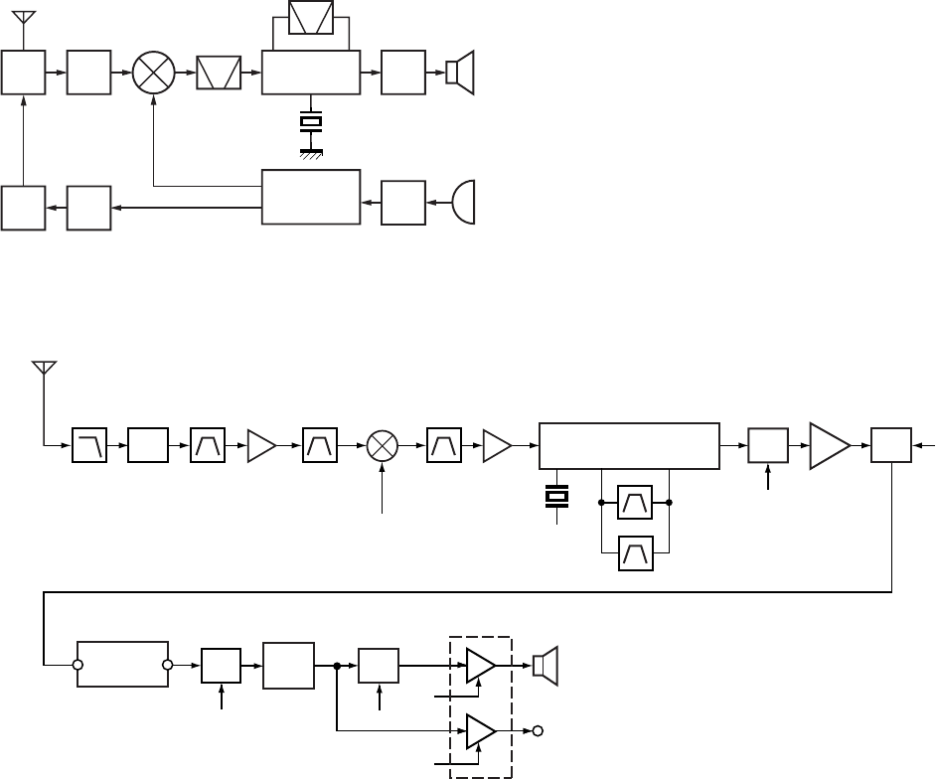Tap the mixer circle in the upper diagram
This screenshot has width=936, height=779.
point(154,74)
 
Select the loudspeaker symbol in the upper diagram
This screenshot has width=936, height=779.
point(459,74)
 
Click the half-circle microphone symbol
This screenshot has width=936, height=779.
point(464,202)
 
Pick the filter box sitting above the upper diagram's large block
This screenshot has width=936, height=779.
point(311,18)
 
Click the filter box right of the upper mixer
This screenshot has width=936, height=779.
point(219,74)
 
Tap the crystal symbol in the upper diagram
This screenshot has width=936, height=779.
point(312,123)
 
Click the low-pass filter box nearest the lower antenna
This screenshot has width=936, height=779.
point(90,446)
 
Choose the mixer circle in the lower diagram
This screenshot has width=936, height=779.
point(383,446)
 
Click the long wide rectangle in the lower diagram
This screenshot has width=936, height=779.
point(628,446)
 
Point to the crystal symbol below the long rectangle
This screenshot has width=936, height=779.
point(557,494)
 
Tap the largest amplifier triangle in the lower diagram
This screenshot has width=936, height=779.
point(830,445)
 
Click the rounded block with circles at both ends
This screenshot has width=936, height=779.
point(123,665)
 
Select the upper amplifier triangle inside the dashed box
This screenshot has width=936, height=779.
point(481,665)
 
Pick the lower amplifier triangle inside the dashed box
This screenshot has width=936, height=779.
point(481,732)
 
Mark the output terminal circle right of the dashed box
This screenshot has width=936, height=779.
point(538,732)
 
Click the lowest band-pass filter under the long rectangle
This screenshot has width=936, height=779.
point(636,551)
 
